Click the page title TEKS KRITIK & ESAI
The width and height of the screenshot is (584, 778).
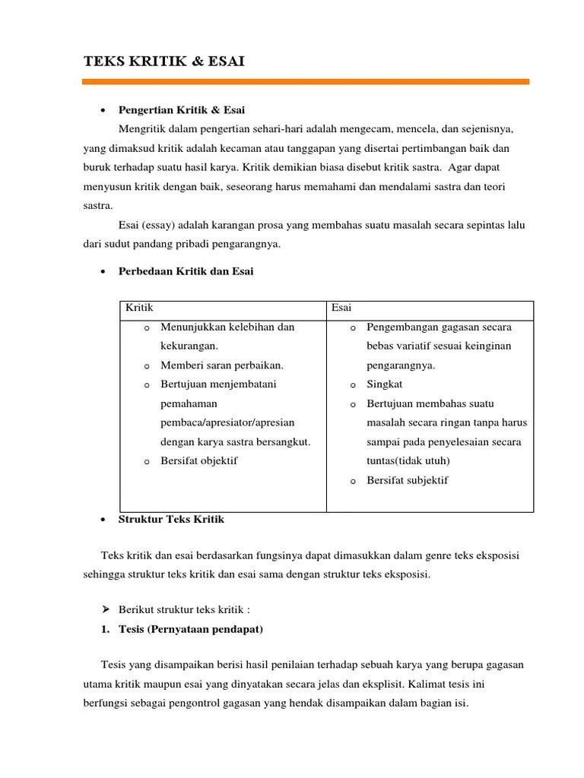(x=163, y=62)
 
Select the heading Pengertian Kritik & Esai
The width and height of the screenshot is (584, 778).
(x=182, y=110)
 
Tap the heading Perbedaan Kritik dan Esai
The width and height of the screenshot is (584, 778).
(x=186, y=271)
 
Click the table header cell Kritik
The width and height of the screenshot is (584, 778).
(x=140, y=308)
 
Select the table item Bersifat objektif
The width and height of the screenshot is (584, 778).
(x=199, y=460)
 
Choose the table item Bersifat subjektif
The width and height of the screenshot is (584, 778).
(x=408, y=480)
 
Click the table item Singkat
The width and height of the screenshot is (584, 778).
(x=387, y=384)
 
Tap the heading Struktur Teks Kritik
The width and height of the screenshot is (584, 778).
(x=171, y=520)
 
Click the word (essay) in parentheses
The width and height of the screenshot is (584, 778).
(x=157, y=225)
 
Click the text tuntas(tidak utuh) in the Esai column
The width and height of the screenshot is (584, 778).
(x=408, y=460)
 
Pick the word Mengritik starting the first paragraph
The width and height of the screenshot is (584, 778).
(x=143, y=128)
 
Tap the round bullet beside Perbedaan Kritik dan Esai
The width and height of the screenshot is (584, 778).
(x=102, y=272)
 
